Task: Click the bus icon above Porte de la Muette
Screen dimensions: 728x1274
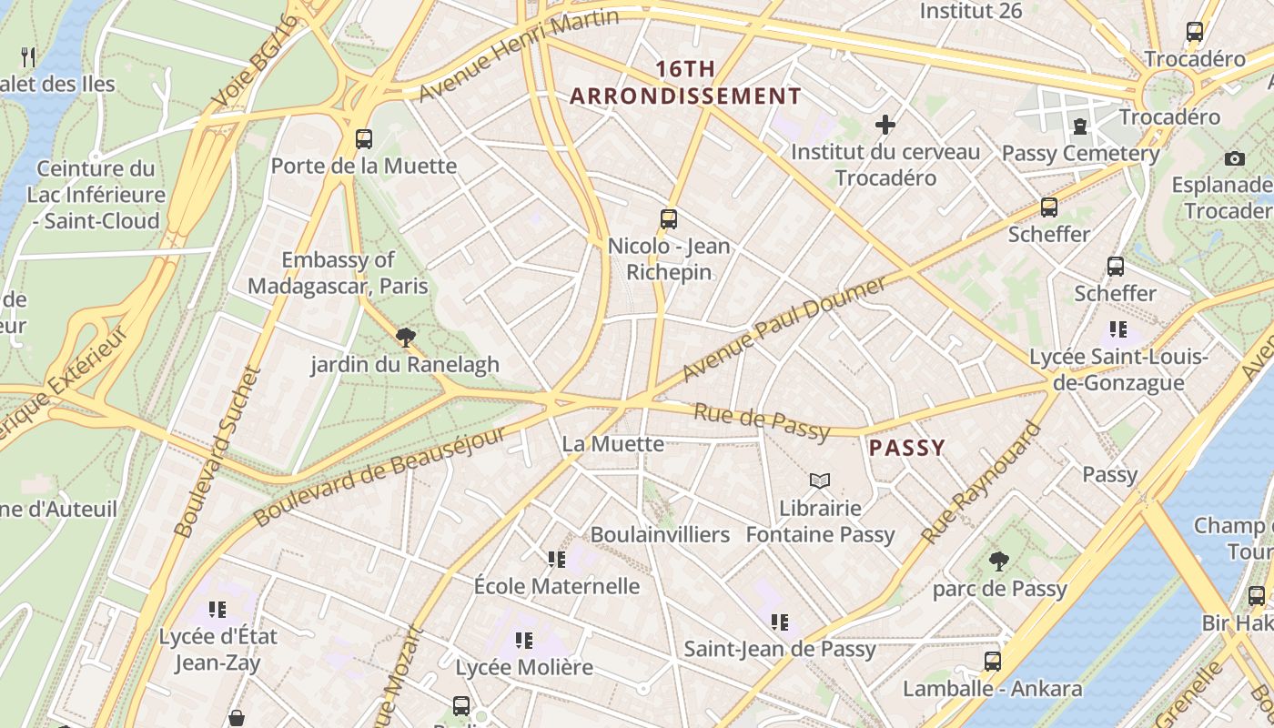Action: click(x=364, y=138)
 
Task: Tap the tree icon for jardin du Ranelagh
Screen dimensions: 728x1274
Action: click(x=405, y=338)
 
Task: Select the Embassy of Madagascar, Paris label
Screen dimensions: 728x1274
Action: click(x=338, y=273)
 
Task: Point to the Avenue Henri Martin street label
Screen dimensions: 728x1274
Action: click(x=518, y=56)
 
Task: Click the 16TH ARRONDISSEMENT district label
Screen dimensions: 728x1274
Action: click(x=685, y=83)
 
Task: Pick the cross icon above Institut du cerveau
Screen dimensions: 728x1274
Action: click(x=885, y=124)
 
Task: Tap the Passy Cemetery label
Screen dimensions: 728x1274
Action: click(x=1080, y=153)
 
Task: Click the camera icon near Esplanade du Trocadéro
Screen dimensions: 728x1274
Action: click(x=1234, y=158)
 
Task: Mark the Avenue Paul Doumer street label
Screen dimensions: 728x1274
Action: click(x=784, y=329)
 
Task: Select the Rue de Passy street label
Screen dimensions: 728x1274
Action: click(x=762, y=420)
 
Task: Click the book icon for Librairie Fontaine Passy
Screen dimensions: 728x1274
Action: click(x=820, y=480)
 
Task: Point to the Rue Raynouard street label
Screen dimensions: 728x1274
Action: click(x=980, y=483)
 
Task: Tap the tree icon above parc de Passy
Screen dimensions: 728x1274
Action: click(x=999, y=561)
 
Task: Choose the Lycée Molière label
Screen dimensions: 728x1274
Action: click(x=524, y=667)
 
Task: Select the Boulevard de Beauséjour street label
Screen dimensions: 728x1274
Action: click(x=379, y=475)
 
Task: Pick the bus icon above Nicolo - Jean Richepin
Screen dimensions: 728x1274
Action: click(x=669, y=218)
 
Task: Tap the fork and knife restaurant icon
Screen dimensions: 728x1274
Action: click(x=28, y=57)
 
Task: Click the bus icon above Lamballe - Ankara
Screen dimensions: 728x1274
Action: click(x=992, y=661)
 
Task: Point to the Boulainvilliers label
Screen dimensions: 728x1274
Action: click(x=660, y=534)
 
